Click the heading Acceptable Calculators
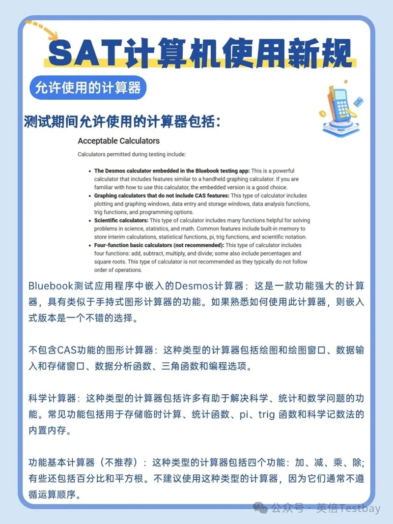(x=118, y=141)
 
